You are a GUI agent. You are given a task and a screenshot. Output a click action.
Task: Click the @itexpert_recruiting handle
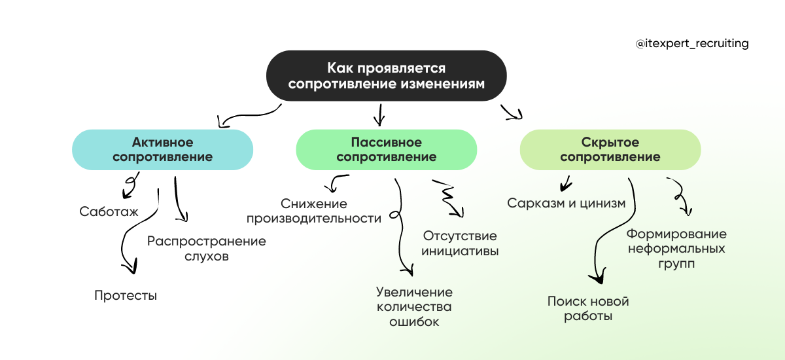pos(691,44)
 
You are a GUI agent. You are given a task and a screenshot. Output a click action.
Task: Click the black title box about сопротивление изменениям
pos(387,76)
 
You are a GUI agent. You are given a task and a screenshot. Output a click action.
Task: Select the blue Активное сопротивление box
pos(162,150)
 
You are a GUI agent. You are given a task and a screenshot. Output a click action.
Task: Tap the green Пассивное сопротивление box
pos(386,150)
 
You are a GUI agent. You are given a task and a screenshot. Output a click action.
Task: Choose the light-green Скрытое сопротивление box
pos(610,150)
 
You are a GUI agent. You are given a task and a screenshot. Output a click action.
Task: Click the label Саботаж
pos(108,211)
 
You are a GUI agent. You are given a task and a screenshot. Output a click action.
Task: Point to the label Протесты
pos(126,295)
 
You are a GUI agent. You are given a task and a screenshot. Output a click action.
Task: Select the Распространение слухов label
pos(206,249)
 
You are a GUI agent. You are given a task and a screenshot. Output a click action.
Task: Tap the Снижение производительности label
pos(314,211)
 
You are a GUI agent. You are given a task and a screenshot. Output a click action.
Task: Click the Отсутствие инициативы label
pos(460,243)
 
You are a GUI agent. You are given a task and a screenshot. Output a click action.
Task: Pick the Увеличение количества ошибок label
pos(414,307)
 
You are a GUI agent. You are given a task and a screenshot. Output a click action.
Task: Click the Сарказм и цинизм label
pos(567,203)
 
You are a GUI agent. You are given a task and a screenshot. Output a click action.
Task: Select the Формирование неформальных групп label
pos(676,249)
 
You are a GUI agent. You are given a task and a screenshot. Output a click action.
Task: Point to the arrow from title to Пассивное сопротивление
pos(378,115)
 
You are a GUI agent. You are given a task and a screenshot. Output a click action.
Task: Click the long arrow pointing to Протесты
pos(128,242)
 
